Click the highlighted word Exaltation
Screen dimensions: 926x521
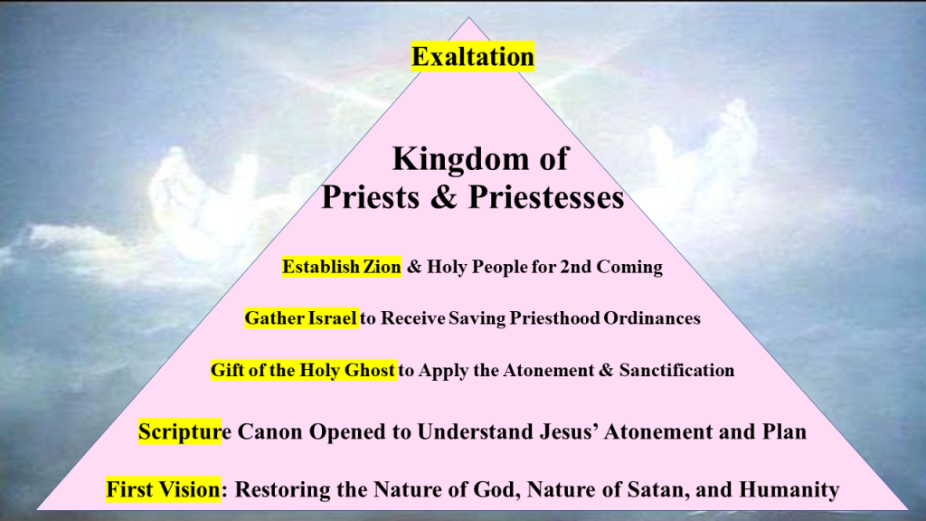coord(472,57)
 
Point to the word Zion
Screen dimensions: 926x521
coord(383,267)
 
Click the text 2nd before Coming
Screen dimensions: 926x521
coord(575,267)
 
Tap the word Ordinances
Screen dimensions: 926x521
coord(652,318)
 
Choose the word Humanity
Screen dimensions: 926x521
coord(789,489)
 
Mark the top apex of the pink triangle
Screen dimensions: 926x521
coord(469,18)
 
